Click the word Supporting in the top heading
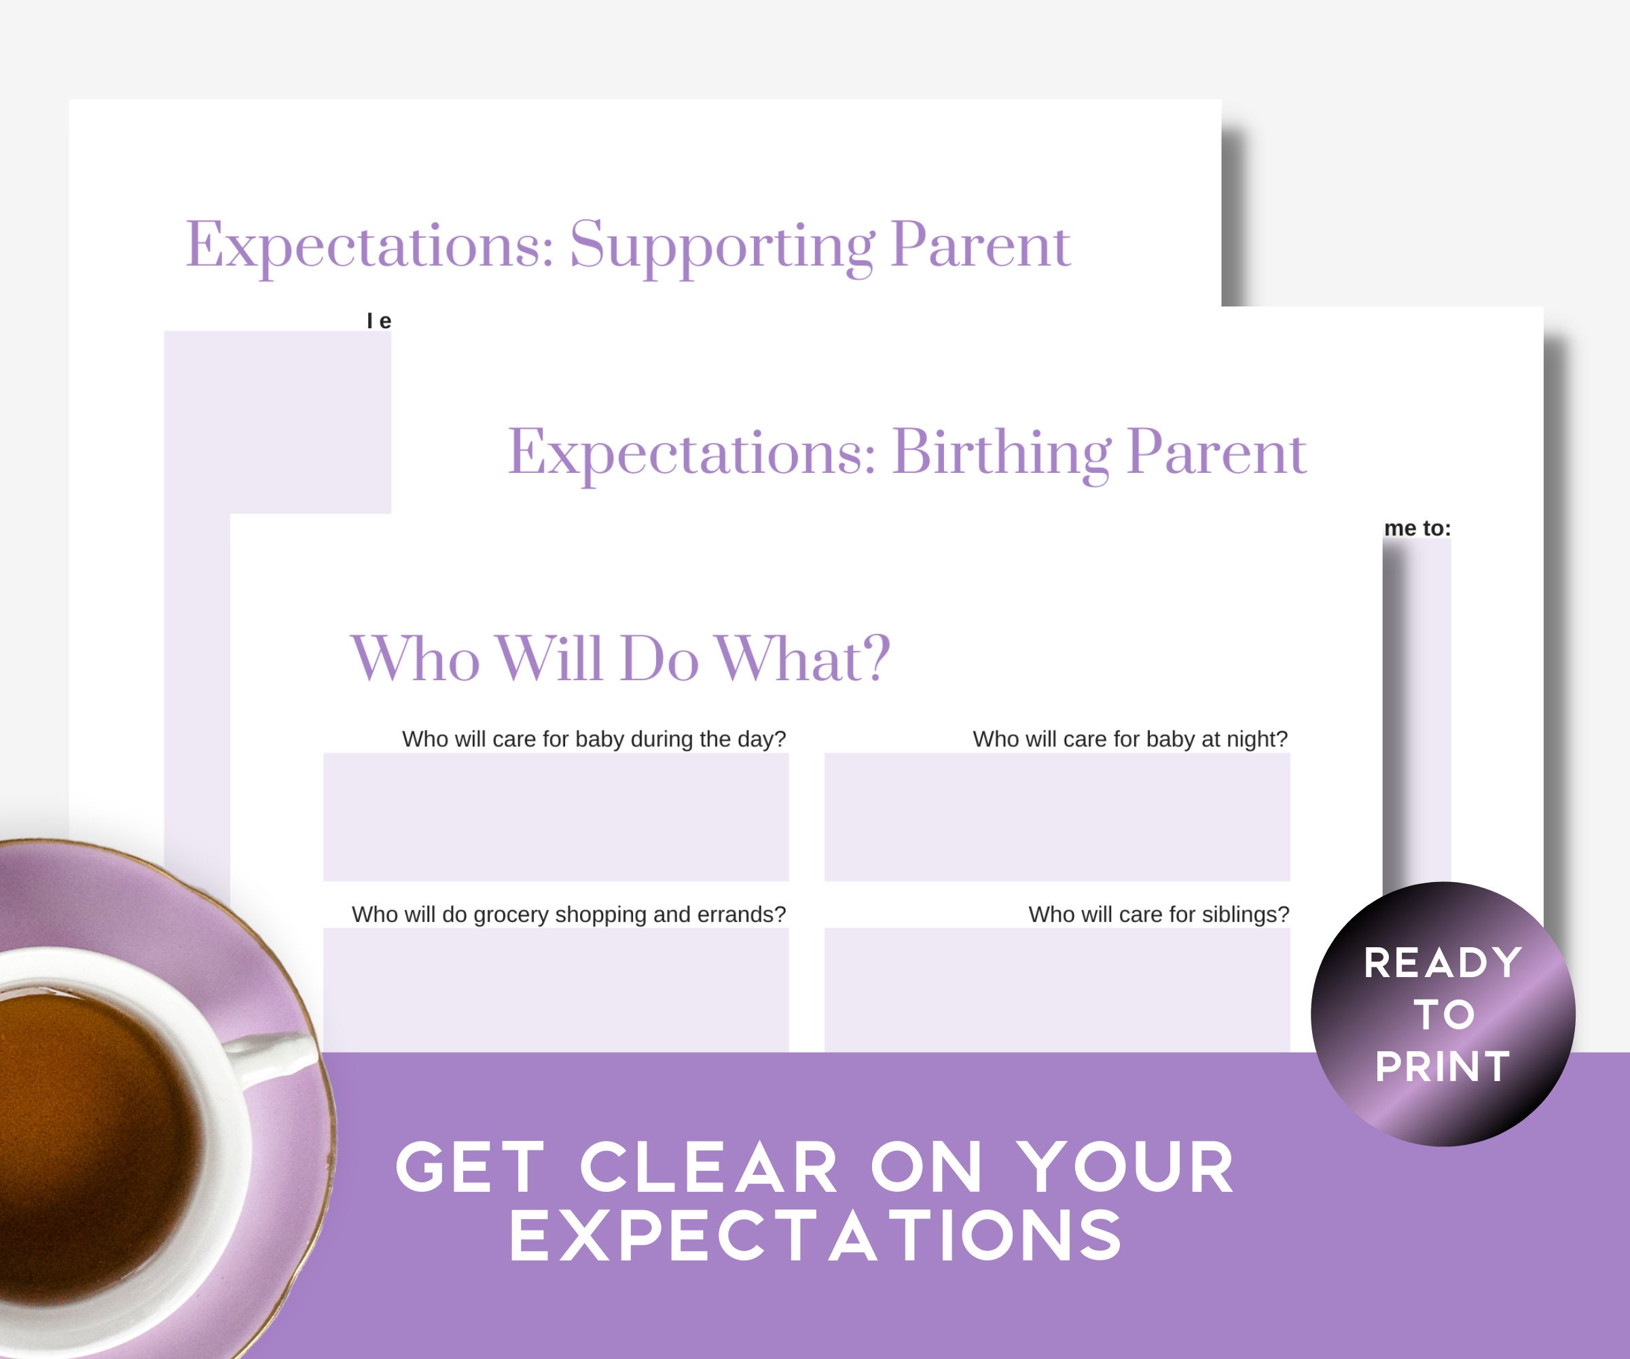pos(722,245)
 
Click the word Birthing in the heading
pos(1001,452)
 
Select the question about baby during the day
pos(594,739)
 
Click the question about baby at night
pos(1129,739)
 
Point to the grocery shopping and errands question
pos(568,914)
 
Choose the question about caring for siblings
pos(1158,914)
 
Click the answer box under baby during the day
pos(556,816)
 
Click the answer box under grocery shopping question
pos(556,990)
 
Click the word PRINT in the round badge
pos(1442,1066)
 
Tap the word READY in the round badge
pos(1442,963)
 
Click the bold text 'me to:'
pos(1417,528)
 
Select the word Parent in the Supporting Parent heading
pos(979,245)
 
